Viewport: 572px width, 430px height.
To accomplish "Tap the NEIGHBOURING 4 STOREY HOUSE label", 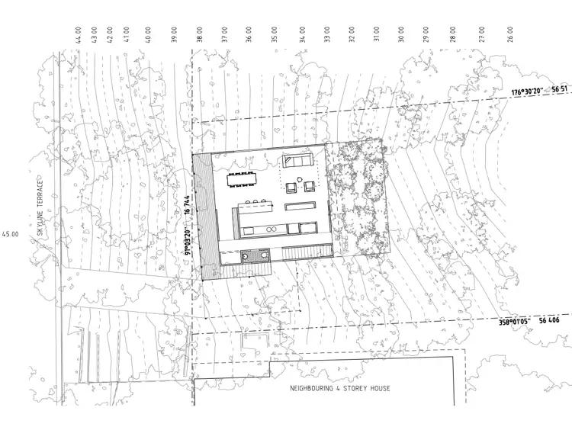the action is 340,389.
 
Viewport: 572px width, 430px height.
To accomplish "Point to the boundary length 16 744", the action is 187,207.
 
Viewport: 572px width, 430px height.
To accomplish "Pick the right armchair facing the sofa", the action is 309,186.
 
